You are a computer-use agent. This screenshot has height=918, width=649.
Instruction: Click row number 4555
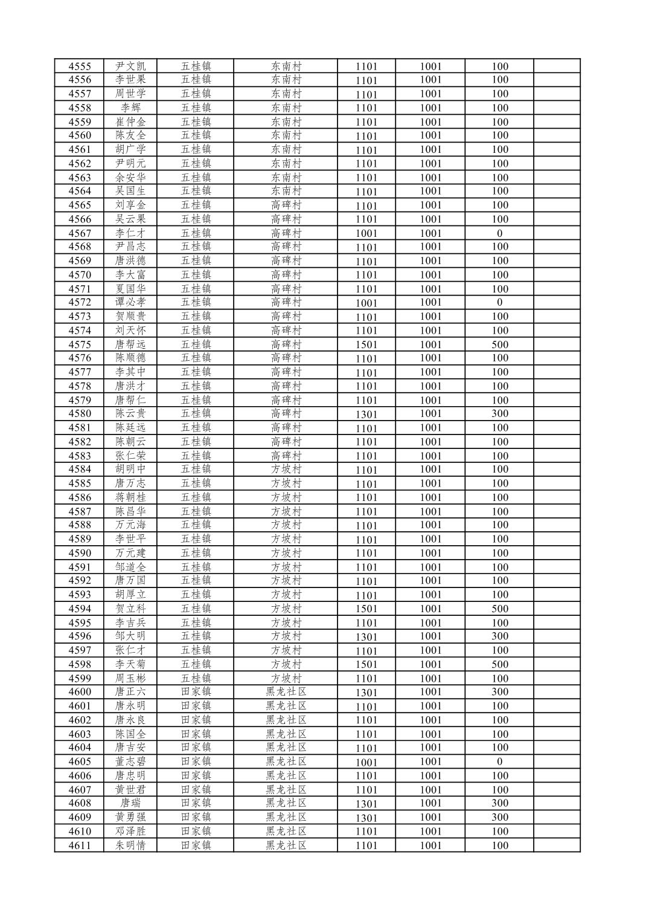click(80, 66)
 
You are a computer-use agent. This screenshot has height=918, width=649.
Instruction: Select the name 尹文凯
click(130, 66)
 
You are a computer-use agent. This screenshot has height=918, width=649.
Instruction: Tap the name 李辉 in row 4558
click(130, 108)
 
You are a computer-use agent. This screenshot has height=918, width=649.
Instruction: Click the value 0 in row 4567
click(499, 233)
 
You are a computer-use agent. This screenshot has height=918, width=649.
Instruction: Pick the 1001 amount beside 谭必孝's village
click(366, 303)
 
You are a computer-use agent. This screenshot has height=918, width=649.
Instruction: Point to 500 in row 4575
click(499, 344)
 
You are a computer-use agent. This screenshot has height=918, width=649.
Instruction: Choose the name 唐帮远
click(130, 344)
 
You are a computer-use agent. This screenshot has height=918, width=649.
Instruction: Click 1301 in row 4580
click(366, 414)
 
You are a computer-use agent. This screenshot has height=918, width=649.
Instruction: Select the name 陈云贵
click(130, 413)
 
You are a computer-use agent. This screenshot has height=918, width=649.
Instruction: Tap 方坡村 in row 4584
click(286, 469)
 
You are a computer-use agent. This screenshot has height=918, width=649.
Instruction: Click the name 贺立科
click(130, 609)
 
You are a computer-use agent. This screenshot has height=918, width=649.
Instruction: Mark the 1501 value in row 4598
click(366, 664)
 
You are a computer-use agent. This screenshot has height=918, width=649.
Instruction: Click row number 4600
click(80, 692)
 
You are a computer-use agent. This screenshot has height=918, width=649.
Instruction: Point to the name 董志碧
click(130, 761)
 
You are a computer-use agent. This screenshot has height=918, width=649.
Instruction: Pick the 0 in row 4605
click(499, 761)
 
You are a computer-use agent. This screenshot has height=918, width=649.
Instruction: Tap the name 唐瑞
click(130, 803)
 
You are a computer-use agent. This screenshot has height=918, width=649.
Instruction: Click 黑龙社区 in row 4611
click(286, 845)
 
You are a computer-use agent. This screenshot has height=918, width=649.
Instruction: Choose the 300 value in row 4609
click(499, 817)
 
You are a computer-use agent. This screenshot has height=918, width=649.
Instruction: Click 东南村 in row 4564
click(286, 191)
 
